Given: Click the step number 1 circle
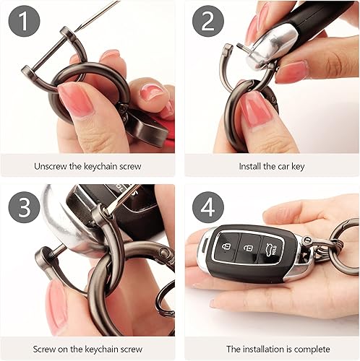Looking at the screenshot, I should (x=24, y=21).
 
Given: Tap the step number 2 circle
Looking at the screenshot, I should (x=207, y=21).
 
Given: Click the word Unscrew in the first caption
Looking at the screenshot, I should (x=53, y=166).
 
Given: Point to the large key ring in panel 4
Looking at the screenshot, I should (x=344, y=245).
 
